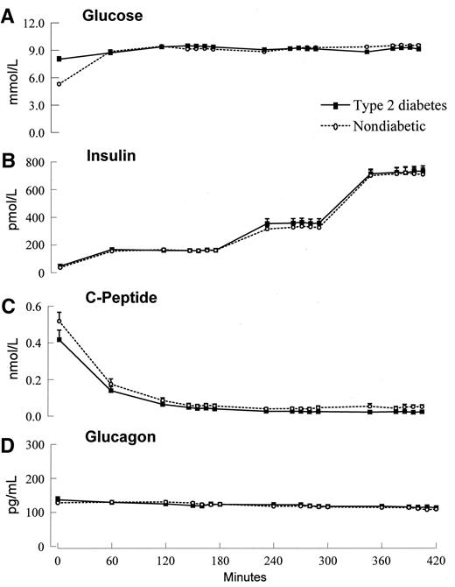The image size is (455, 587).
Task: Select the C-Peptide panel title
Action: coord(118,300)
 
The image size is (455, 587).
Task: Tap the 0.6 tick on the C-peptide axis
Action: coord(37,307)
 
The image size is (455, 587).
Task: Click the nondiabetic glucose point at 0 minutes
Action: coord(59,84)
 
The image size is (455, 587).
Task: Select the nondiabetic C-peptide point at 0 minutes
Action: coord(59,321)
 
